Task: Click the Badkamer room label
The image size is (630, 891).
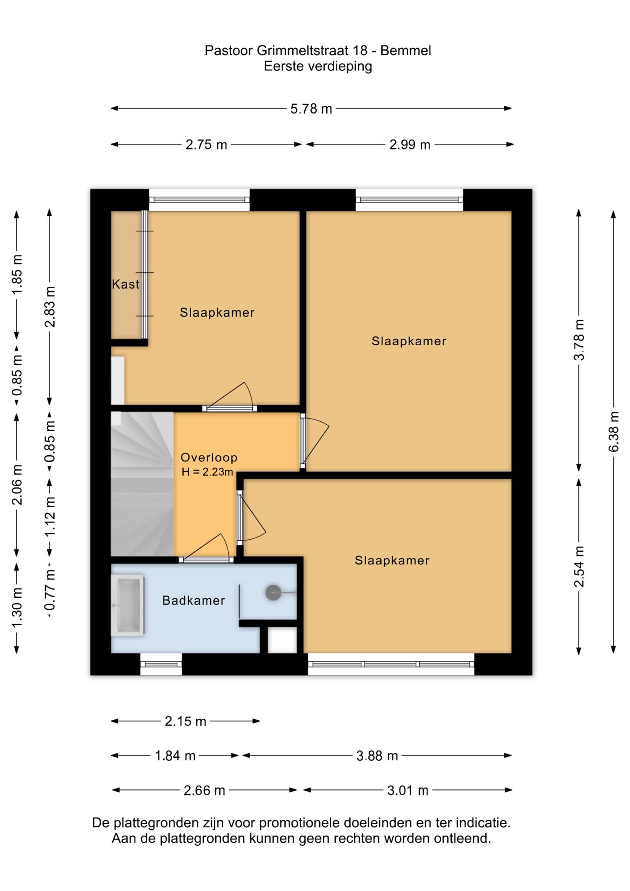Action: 193,600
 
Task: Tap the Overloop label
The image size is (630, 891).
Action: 209,458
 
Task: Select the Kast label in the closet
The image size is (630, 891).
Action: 125,284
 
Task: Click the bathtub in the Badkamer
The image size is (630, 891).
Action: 127,605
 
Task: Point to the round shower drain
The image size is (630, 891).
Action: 273,593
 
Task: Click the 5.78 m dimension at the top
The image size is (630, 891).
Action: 311,109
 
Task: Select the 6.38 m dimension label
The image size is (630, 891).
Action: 613,431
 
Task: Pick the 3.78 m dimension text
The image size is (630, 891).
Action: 579,340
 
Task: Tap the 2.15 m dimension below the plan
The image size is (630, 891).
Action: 185,721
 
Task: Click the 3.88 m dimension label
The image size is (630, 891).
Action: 377,756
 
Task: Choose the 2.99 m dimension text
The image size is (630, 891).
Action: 410,145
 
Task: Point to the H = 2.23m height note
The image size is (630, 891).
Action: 207,472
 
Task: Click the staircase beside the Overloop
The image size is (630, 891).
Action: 142,484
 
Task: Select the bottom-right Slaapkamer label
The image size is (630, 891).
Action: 392,561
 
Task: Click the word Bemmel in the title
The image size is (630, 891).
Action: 405,51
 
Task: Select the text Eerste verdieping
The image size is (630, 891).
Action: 318,66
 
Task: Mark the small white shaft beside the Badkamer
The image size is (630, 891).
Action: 283,640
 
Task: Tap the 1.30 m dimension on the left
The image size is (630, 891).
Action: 17,607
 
